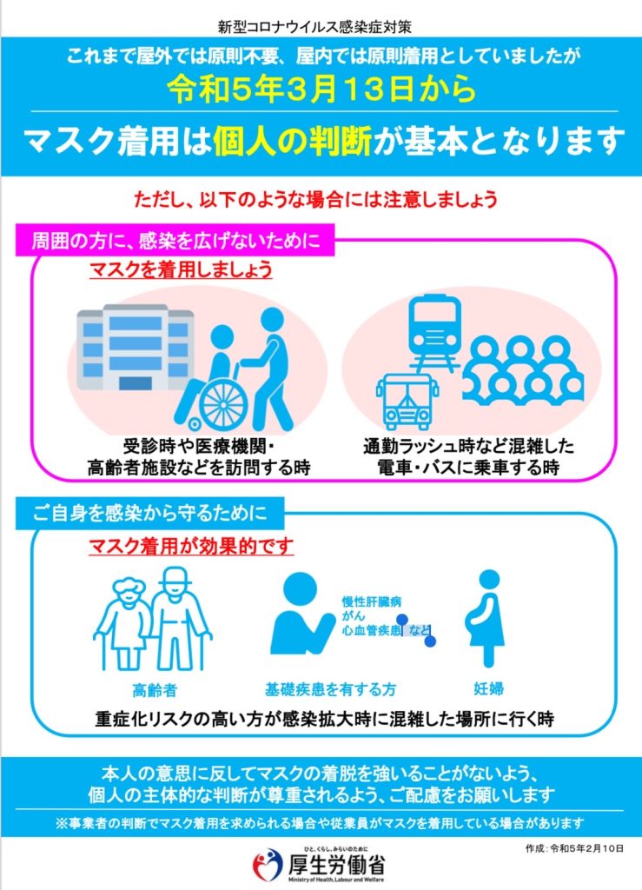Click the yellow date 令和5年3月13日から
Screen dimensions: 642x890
click(321, 90)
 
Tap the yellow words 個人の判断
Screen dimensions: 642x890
click(293, 141)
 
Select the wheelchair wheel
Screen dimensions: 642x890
click(223, 405)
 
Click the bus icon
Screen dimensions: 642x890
click(407, 402)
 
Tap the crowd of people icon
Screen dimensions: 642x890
click(523, 370)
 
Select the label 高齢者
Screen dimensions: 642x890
click(155, 689)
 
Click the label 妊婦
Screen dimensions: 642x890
click(488, 688)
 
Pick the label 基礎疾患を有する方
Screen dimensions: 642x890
click(331, 689)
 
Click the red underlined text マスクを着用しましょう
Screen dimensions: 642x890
click(181, 269)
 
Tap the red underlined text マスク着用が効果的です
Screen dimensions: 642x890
click(191, 546)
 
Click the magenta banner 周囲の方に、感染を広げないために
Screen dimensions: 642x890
click(175, 240)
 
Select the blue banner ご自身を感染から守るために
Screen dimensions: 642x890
click(149, 513)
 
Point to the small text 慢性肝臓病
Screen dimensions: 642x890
click(372, 601)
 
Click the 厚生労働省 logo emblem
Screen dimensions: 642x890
click(267, 865)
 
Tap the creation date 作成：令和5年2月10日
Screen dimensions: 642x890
click(574, 848)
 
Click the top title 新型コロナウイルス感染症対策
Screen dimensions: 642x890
click(314, 26)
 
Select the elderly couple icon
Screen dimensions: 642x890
click(152, 619)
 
